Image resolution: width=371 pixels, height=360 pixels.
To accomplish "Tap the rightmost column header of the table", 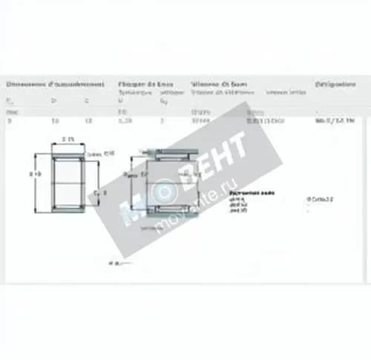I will click(x=335, y=84).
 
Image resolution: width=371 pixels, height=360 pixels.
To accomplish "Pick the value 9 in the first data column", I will click(x=10, y=120).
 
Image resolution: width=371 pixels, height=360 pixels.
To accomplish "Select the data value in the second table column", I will click(x=54, y=120).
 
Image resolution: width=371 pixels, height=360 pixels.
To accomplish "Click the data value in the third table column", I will click(x=88, y=120).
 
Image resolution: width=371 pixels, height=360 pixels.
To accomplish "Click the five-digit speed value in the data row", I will click(x=200, y=120).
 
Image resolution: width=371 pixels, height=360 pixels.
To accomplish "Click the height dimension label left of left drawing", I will click(x=34, y=174).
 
